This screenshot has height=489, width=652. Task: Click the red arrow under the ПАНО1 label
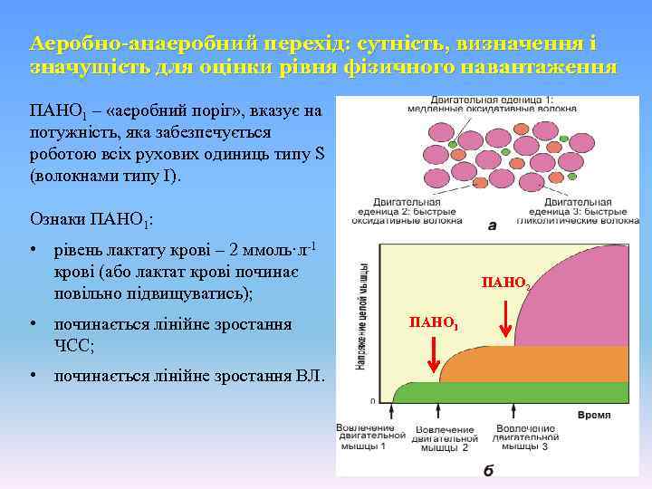click(x=434, y=356)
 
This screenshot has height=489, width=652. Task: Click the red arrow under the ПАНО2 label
click(x=506, y=317)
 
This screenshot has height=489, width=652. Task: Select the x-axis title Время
click(x=593, y=414)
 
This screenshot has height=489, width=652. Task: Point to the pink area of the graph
click(x=580, y=299)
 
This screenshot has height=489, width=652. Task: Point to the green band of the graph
click(x=507, y=392)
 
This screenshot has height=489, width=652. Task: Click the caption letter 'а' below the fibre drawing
click(x=492, y=225)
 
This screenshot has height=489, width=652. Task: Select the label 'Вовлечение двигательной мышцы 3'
click(x=525, y=436)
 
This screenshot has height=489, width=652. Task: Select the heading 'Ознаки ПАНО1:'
click(x=92, y=219)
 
